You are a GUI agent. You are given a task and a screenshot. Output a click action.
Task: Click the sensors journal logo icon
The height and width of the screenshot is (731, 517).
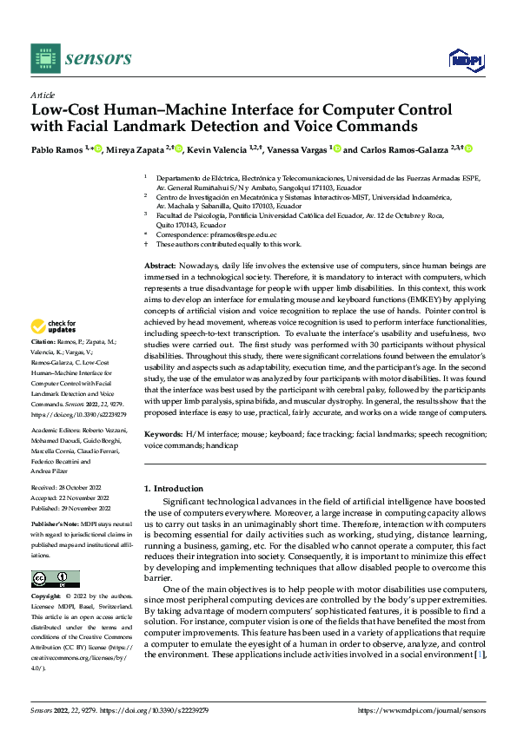tap(46, 58)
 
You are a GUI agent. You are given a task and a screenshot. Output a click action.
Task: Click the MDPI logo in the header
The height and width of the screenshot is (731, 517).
tap(466, 59)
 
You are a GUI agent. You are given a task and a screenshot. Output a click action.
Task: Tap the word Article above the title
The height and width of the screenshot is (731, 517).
tap(43, 95)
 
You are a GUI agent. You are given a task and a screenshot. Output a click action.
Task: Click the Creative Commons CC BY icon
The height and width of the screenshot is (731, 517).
tap(55, 579)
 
